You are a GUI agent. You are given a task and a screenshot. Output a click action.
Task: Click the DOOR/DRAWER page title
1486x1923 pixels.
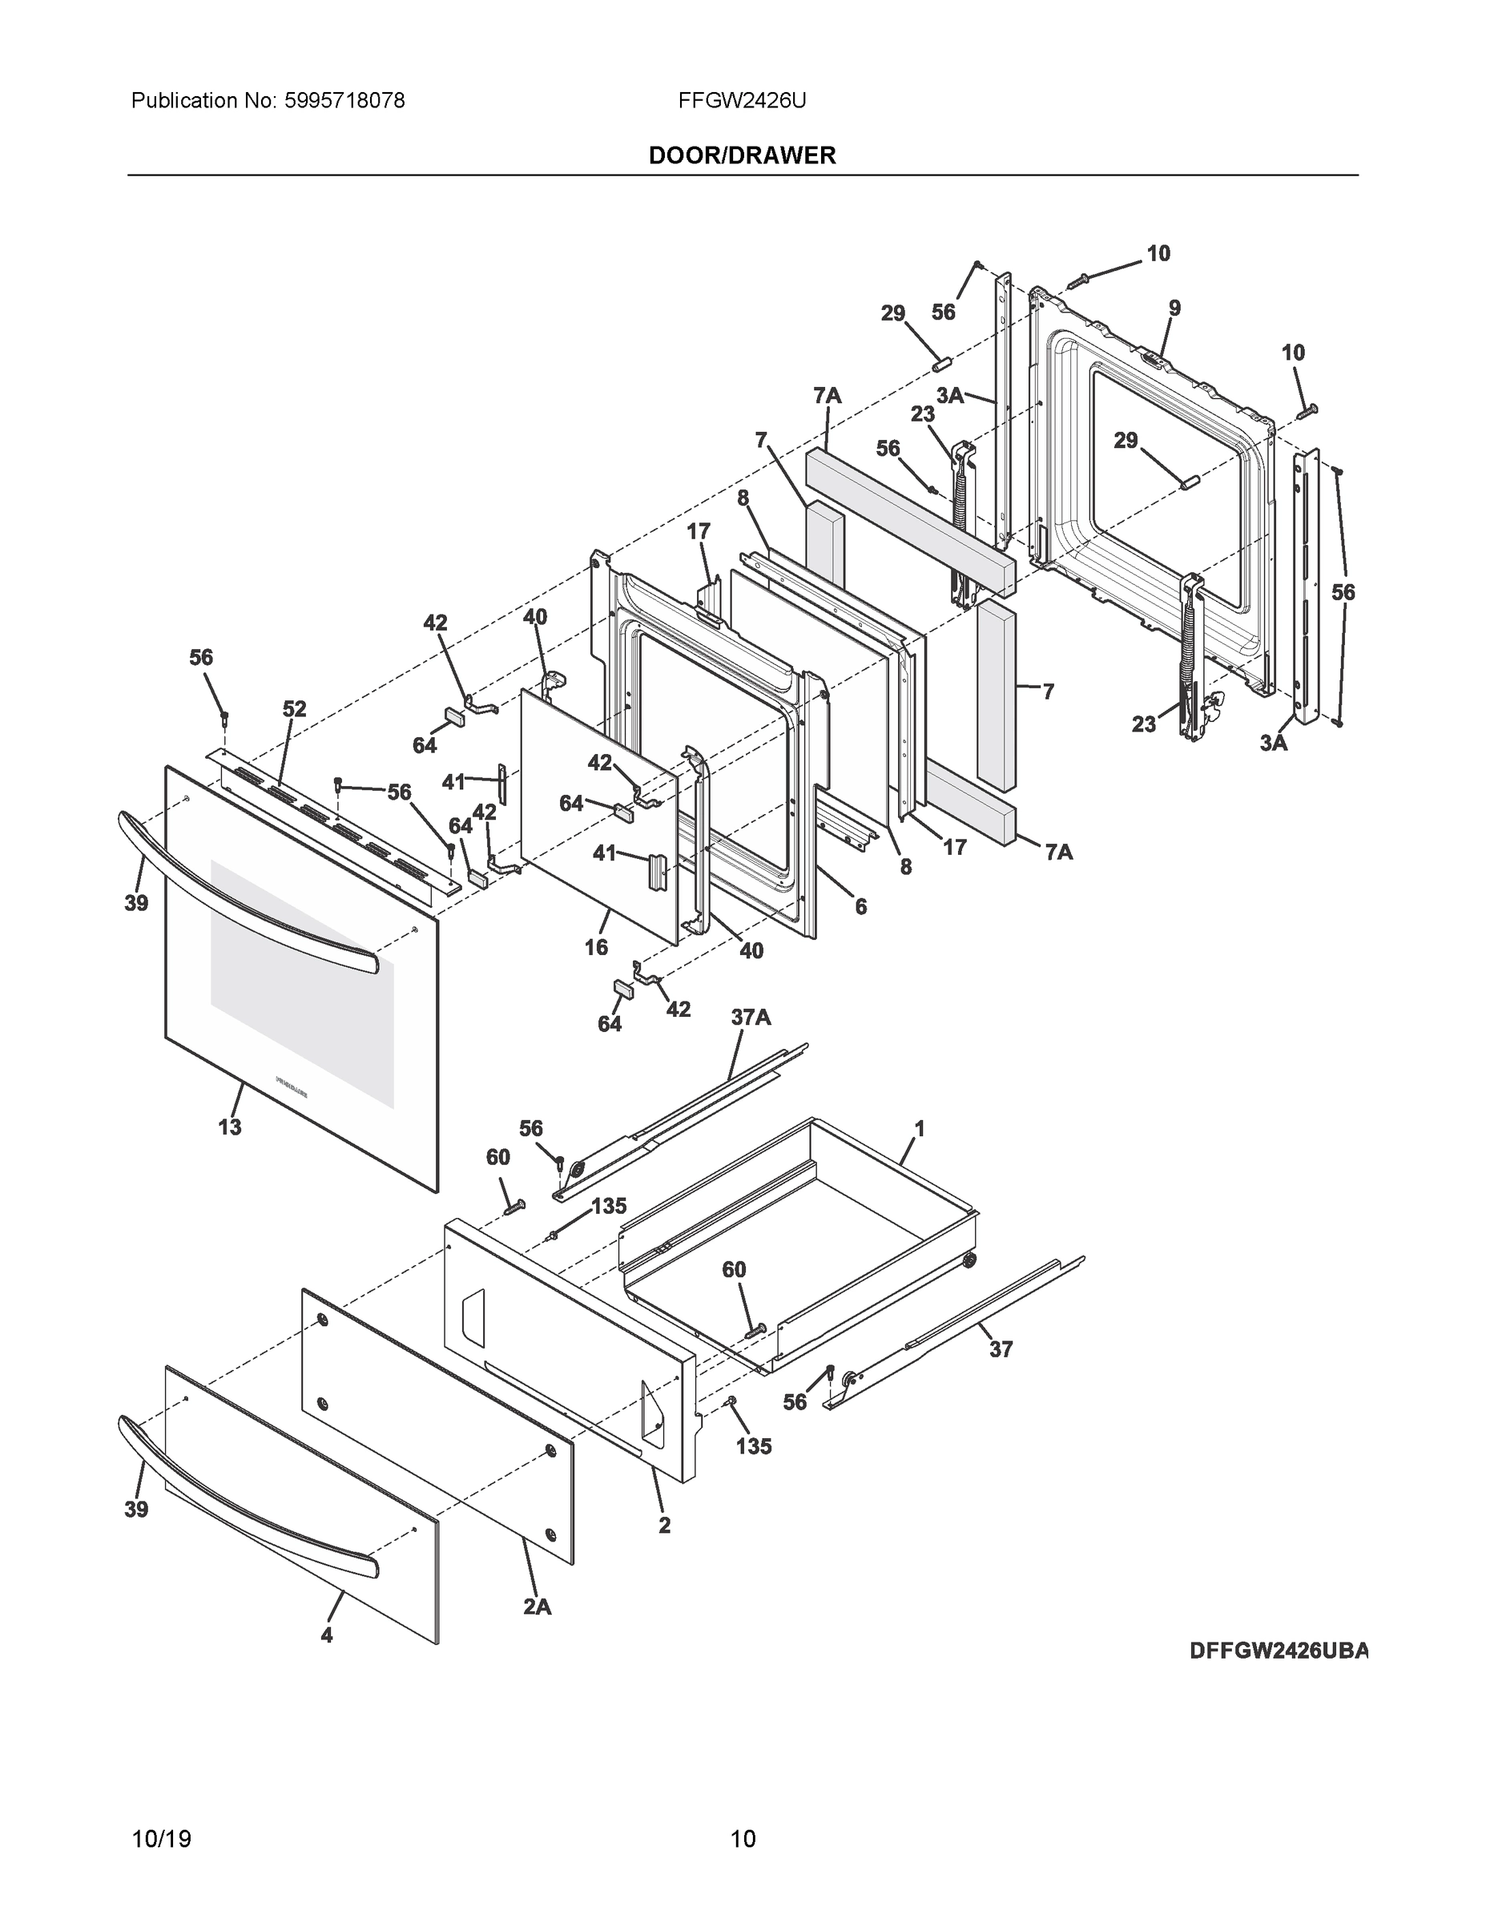tap(742, 156)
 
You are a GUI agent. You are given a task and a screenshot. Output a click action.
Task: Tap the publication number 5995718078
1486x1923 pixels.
tap(344, 101)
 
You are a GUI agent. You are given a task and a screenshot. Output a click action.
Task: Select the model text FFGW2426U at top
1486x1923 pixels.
tap(742, 101)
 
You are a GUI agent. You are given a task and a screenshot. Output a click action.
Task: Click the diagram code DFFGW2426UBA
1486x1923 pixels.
tap(1279, 1650)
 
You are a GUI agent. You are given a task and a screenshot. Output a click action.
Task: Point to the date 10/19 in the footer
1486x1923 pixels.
tap(161, 1839)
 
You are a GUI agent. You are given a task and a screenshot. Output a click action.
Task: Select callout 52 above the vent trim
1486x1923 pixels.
tap(294, 709)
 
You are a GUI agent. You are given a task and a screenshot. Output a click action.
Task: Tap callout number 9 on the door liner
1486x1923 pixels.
tap(1174, 308)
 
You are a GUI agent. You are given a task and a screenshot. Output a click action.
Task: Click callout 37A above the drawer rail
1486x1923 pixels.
tap(751, 1018)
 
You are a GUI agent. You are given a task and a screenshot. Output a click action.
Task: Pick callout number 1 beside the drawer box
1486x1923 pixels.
tap(919, 1128)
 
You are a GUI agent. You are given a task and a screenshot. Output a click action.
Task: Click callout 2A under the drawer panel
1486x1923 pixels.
tap(537, 1606)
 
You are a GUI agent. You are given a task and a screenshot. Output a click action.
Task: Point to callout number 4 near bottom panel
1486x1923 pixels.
tap(327, 1635)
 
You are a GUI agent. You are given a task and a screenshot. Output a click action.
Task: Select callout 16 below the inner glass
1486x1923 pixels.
tap(596, 946)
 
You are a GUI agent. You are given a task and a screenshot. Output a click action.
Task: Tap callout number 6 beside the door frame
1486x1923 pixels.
tap(860, 906)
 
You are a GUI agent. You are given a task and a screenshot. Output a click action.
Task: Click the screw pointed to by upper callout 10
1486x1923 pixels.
tap(1078, 280)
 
